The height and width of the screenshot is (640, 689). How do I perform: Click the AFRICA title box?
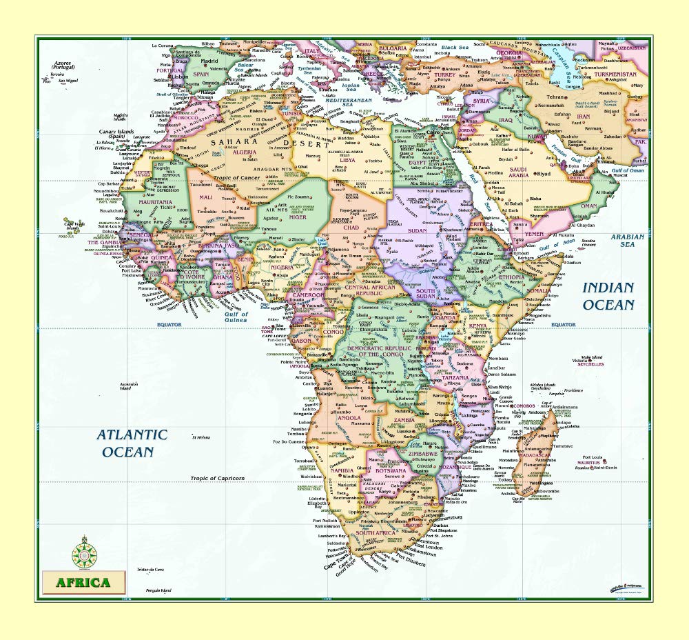pyautogui.click(x=83, y=582)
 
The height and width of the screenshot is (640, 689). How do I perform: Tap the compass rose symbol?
pyautogui.click(x=84, y=552)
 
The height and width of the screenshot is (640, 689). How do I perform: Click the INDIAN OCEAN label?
pyautogui.click(x=608, y=296)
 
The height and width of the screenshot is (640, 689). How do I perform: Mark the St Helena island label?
pyautogui.click(x=201, y=437)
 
